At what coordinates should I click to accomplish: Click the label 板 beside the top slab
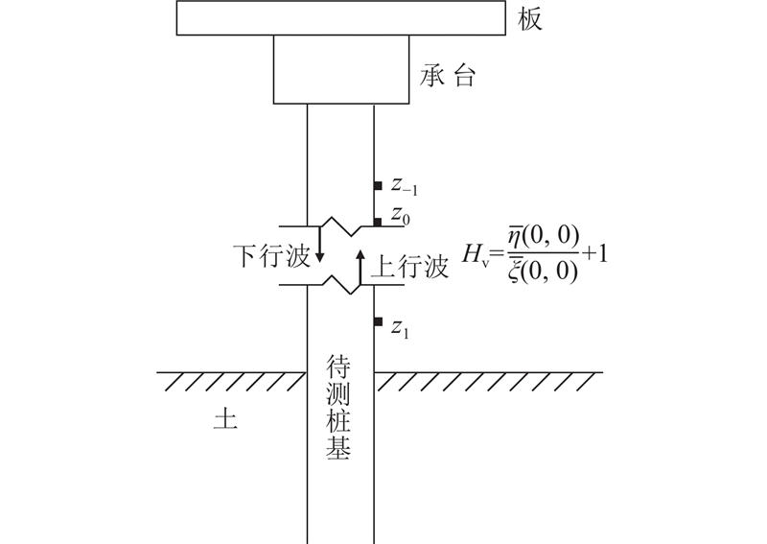click(x=530, y=19)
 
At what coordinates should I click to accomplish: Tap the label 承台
click(x=447, y=77)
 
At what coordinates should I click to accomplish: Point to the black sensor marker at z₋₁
click(x=378, y=185)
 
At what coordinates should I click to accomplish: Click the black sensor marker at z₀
click(x=378, y=222)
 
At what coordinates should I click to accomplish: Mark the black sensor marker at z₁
click(x=378, y=321)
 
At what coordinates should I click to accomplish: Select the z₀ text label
click(x=400, y=219)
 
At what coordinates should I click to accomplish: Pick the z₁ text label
click(x=400, y=328)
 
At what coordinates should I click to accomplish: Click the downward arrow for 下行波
click(x=320, y=247)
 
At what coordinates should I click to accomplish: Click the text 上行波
click(x=409, y=267)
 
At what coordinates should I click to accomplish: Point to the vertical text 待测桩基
click(x=338, y=409)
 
